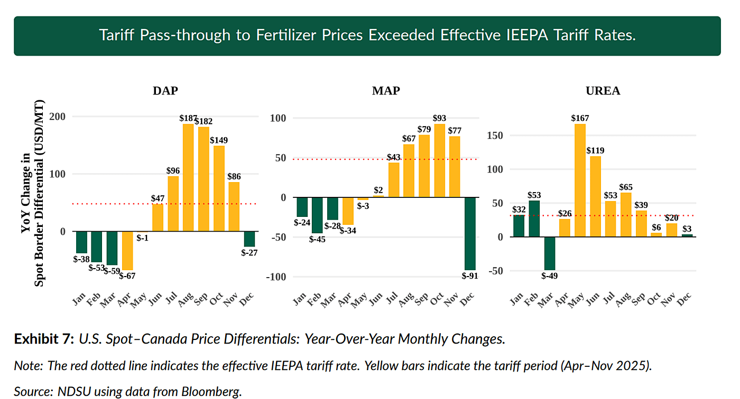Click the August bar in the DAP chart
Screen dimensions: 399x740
pos(188,177)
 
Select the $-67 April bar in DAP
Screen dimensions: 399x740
pos(127,251)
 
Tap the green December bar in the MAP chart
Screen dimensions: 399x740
pos(470,233)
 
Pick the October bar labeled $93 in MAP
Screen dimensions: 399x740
pos(439,160)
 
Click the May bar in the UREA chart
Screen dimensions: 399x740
pos(580,180)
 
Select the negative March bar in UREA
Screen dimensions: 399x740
pos(549,253)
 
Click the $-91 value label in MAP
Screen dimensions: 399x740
pos(470,275)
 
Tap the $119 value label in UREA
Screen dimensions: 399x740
pos(595,150)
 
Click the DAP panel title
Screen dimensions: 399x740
pos(165,90)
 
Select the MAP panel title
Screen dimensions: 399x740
pos(386,90)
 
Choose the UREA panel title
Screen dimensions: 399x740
pos(603,90)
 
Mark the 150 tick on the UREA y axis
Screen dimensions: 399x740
pos(495,136)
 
